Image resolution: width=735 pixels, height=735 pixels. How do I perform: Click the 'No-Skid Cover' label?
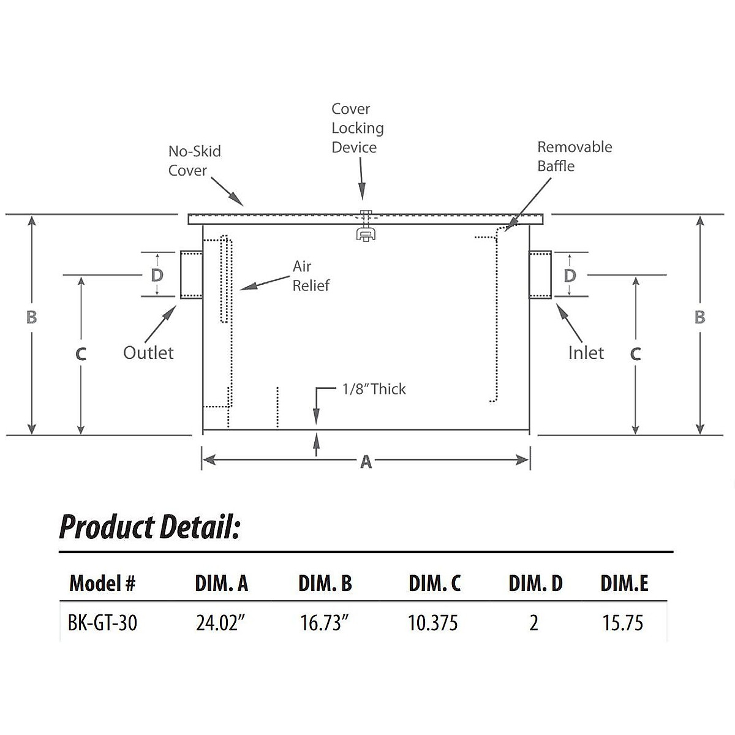[194, 160]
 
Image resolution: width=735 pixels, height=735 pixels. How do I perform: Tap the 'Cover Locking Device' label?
[358, 128]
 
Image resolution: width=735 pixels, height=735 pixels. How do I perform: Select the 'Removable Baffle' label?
[574, 156]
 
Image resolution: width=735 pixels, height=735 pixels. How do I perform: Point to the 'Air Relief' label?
[311, 276]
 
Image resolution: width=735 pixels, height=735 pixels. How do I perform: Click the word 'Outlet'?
[148, 353]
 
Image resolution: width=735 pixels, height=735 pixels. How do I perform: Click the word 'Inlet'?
[586, 353]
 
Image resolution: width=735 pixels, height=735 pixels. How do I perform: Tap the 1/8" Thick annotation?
[374, 389]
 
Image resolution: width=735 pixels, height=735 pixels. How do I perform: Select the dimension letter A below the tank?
[366, 462]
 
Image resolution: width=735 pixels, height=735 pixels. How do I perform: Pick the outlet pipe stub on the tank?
[191, 274]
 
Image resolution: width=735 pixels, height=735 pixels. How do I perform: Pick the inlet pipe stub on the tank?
[541, 274]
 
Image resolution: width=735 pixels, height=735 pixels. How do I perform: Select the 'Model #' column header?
[102, 583]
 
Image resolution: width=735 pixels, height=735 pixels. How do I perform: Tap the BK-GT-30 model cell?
[102, 623]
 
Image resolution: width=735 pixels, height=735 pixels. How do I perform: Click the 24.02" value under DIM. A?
[221, 623]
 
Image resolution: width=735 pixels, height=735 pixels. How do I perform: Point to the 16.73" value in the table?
[325, 623]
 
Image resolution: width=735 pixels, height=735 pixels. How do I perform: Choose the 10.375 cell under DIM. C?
[433, 623]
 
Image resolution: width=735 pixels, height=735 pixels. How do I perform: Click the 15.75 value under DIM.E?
[623, 623]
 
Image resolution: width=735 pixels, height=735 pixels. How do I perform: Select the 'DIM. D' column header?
[535, 583]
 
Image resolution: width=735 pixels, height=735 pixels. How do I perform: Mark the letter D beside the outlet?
[157, 275]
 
